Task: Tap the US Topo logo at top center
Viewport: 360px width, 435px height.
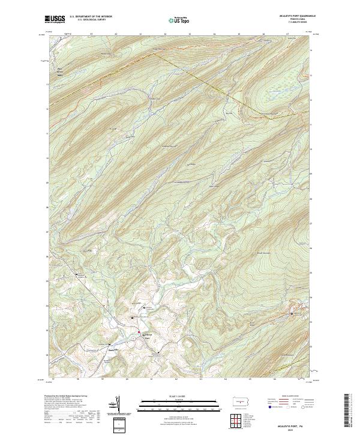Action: (179, 20)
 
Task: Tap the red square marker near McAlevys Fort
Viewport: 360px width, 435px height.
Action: (139, 332)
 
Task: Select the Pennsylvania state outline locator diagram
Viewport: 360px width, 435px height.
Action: (238, 400)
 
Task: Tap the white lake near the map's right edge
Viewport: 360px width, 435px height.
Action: (295, 313)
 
